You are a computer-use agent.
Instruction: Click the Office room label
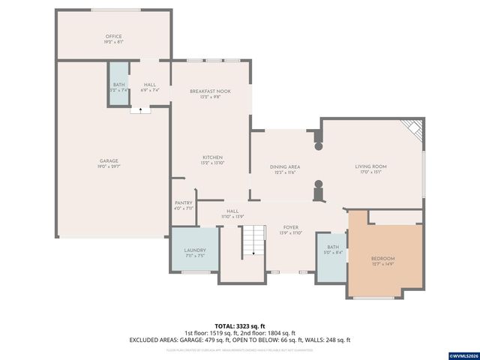tap(113, 37)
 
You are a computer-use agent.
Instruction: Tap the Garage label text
tap(109, 160)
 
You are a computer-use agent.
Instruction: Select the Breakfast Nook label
tap(210, 91)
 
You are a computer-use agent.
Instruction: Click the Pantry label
tap(184, 202)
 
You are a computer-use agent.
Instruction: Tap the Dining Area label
tap(284, 166)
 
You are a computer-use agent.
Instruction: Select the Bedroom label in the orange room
tap(382, 259)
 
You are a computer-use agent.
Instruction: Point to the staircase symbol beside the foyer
tap(254, 239)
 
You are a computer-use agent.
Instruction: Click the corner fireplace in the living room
tap(412, 129)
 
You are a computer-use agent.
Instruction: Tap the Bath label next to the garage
tap(118, 85)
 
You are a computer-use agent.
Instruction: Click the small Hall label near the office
tap(150, 85)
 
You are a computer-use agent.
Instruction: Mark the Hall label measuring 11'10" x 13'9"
tap(232, 211)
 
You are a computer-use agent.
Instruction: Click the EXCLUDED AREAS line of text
tap(240, 340)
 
